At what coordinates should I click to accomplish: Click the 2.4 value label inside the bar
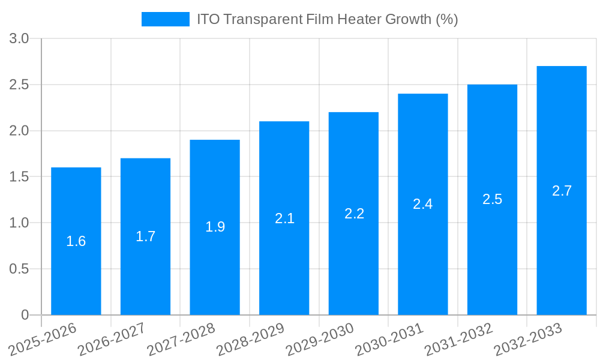pyautogui.click(x=423, y=204)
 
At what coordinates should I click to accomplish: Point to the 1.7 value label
pyautogui.click(x=145, y=236)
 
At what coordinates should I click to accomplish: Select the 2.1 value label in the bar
pyautogui.click(x=284, y=218)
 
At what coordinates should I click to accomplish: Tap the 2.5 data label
pyautogui.click(x=492, y=200)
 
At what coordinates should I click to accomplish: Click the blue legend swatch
pyautogui.click(x=165, y=19)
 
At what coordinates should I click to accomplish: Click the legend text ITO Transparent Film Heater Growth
pyautogui.click(x=327, y=19)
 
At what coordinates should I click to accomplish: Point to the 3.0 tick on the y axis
pyautogui.click(x=19, y=39)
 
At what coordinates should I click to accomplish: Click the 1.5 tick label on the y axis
pyautogui.click(x=19, y=177)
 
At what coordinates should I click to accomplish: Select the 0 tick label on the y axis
pyautogui.click(x=25, y=315)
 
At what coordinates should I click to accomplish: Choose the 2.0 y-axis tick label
pyautogui.click(x=19, y=131)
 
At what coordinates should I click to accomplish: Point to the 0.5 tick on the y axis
pyautogui.click(x=19, y=269)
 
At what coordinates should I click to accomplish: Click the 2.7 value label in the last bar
pyautogui.click(x=562, y=191)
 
